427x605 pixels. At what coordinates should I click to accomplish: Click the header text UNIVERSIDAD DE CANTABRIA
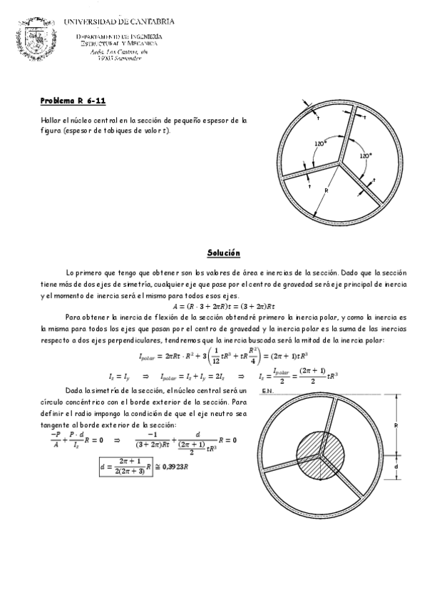[119, 21]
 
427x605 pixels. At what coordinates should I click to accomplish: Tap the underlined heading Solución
[224, 253]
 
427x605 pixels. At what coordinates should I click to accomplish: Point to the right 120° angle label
[365, 155]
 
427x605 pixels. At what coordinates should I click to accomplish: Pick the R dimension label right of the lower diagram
[401, 424]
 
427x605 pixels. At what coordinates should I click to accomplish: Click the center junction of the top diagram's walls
[339, 161]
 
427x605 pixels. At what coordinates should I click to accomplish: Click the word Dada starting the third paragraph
[74, 390]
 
